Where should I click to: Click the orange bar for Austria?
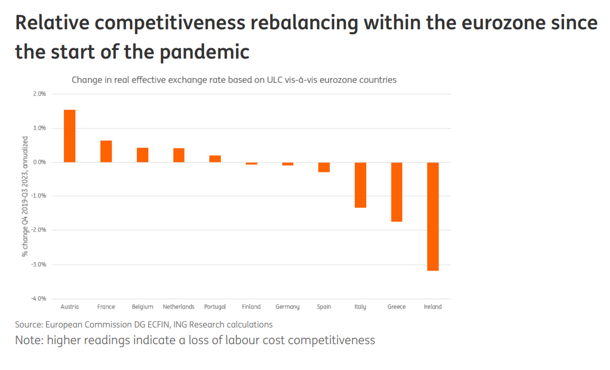[70, 136]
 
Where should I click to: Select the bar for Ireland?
[433, 216]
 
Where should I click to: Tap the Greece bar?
[397, 191]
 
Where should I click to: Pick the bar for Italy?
[360, 184]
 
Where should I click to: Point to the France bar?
[106, 151]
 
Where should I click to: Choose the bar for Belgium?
[143, 155]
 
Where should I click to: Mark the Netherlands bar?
[179, 155]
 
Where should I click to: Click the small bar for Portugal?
[215, 159]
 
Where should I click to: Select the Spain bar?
[324, 167]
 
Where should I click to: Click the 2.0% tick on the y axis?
[40, 94]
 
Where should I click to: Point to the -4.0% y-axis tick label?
[39, 299]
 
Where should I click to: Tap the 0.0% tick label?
[40, 162]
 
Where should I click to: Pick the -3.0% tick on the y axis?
[39, 264]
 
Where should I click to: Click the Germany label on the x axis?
[287, 307]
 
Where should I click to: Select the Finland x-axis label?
[251, 307]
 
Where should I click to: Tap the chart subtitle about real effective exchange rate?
[234, 80]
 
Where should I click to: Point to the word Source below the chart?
[29, 325]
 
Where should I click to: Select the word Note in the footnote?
[27, 340]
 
